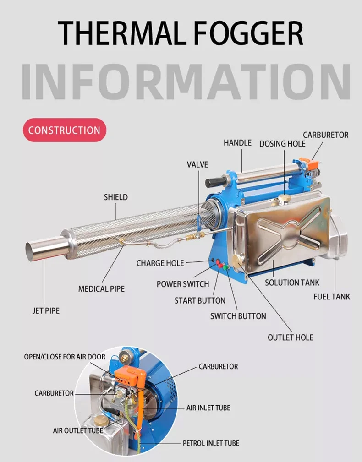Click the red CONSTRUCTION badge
click(x=65, y=130)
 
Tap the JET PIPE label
click(x=46, y=310)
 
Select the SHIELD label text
click(x=116, y=197)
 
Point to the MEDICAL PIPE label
click(x=101, y=289)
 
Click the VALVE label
click(x=197, y=164)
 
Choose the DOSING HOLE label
click(x=282, y=143)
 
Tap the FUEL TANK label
click(x=332, y=296)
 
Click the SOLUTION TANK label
click(x=292, y=283)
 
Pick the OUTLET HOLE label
click(x=291, y=337)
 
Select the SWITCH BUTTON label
click(x=238, y=316)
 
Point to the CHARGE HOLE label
click(x=160, y=263)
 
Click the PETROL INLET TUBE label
click(x=211, y=443)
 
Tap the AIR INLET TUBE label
click(x=208, y=408)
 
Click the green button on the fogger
click(x=225, y=267)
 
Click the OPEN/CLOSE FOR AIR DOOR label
click(x=65, y=357)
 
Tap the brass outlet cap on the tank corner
click(x=237, y=261)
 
